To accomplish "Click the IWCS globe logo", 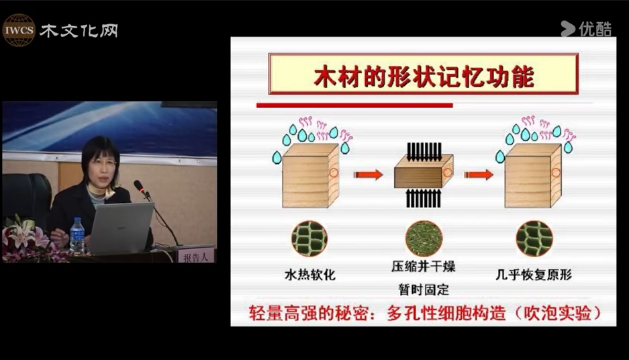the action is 18,30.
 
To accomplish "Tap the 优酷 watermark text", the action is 595,29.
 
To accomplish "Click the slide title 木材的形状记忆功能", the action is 424,77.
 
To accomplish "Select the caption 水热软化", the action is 309,275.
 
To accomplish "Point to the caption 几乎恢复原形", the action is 534,275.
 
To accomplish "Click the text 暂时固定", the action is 424,289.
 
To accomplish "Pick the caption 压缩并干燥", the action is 424,267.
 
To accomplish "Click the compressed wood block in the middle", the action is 424,172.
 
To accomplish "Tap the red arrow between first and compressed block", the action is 369,175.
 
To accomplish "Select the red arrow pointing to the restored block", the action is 479,175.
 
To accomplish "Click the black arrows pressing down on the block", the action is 424,151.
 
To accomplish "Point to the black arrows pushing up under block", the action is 424,198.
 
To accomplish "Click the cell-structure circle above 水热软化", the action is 309,238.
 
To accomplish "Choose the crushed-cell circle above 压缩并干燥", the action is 424,238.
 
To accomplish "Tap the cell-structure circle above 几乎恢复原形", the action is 534,238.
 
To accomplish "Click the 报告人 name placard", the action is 196,255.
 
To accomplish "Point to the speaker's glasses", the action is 102,163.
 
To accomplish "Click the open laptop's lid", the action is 121,227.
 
